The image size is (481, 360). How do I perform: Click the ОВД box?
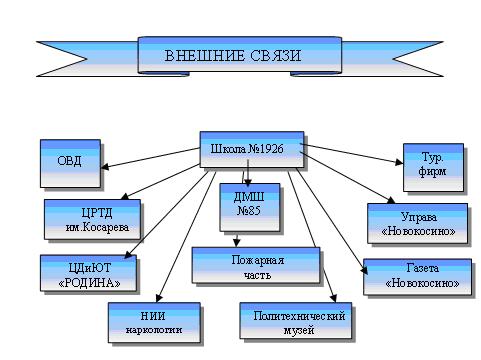point(70,163)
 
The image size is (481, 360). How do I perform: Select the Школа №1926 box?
point(252,149)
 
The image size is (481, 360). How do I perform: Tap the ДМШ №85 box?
point(250,207)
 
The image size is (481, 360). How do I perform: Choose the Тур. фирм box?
point(433,167)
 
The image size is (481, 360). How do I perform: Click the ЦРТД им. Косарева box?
point(92,219)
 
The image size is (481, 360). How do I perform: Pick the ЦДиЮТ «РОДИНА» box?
point(89,273)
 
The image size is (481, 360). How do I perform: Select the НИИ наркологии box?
point(154,322)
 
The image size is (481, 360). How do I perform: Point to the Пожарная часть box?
point(256,265)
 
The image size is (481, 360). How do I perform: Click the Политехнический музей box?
point(296,321)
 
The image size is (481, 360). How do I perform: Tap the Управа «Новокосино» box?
point(418,223)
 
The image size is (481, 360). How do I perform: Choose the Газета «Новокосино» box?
point(418,277)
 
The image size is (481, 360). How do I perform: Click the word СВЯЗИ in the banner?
point(275,56)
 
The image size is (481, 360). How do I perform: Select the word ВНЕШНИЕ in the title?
point(205,56)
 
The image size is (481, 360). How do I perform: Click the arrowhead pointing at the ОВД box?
point(105,166)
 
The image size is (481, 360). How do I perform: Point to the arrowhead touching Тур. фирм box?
point(399,162)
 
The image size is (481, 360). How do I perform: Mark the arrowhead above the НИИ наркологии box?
point(159,298)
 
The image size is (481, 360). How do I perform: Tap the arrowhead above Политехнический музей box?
point(333,298)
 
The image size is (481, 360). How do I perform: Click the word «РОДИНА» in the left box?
point(89,283)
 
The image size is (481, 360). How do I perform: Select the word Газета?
point(422,268)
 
